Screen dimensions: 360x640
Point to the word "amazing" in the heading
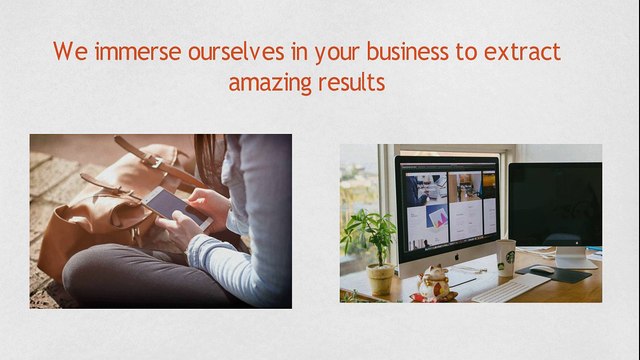coord(266,82)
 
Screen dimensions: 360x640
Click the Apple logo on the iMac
coord(447,255)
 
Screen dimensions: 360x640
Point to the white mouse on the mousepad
coord(541,270)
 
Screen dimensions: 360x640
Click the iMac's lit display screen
coord(447,201)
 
